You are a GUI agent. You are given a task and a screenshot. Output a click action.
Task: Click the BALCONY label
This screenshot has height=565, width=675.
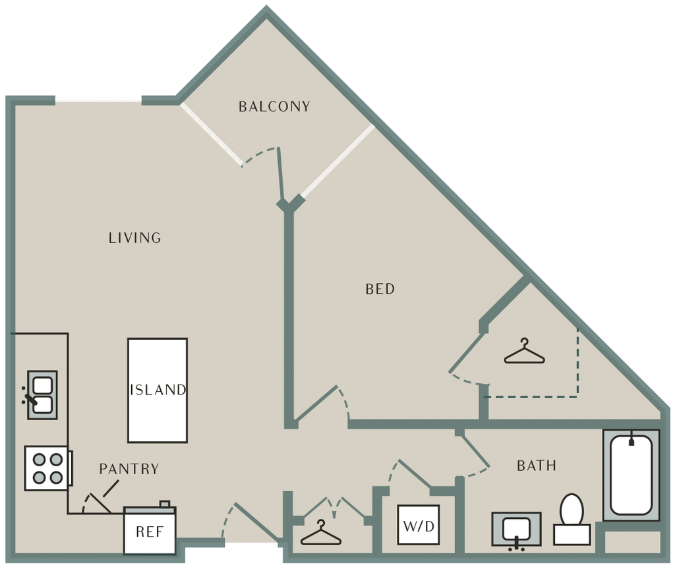tap(274, 106)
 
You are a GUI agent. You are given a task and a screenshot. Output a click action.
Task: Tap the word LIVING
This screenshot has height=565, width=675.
tap(134, 238)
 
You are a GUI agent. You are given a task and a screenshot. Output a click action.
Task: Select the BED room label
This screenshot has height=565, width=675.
tap(380, 288)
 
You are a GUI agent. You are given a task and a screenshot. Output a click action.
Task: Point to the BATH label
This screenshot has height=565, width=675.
tap(537, 466)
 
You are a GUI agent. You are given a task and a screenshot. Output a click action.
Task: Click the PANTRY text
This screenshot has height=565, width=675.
tap(129, 469)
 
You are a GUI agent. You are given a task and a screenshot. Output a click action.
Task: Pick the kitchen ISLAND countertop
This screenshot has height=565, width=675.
tap(158, 390)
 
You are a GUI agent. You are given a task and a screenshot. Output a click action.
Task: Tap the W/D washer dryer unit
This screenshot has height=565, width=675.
tap(419, 525)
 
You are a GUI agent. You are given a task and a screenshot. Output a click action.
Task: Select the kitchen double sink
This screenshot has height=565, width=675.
tap(42, 394)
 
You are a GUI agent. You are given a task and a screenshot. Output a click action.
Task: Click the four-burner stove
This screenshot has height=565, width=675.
tap(47, 468)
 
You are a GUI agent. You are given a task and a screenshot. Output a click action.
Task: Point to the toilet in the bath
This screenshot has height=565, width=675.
tap(572, 520)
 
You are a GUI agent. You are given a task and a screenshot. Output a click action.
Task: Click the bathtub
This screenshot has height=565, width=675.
tap(631, 475)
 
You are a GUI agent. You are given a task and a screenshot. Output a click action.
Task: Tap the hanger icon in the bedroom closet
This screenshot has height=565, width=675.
tap(524, 351)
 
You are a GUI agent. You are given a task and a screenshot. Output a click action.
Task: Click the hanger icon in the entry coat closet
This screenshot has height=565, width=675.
tap(321, 533)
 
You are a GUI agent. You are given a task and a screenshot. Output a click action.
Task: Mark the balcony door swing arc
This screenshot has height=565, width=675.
tap(259, 153)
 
